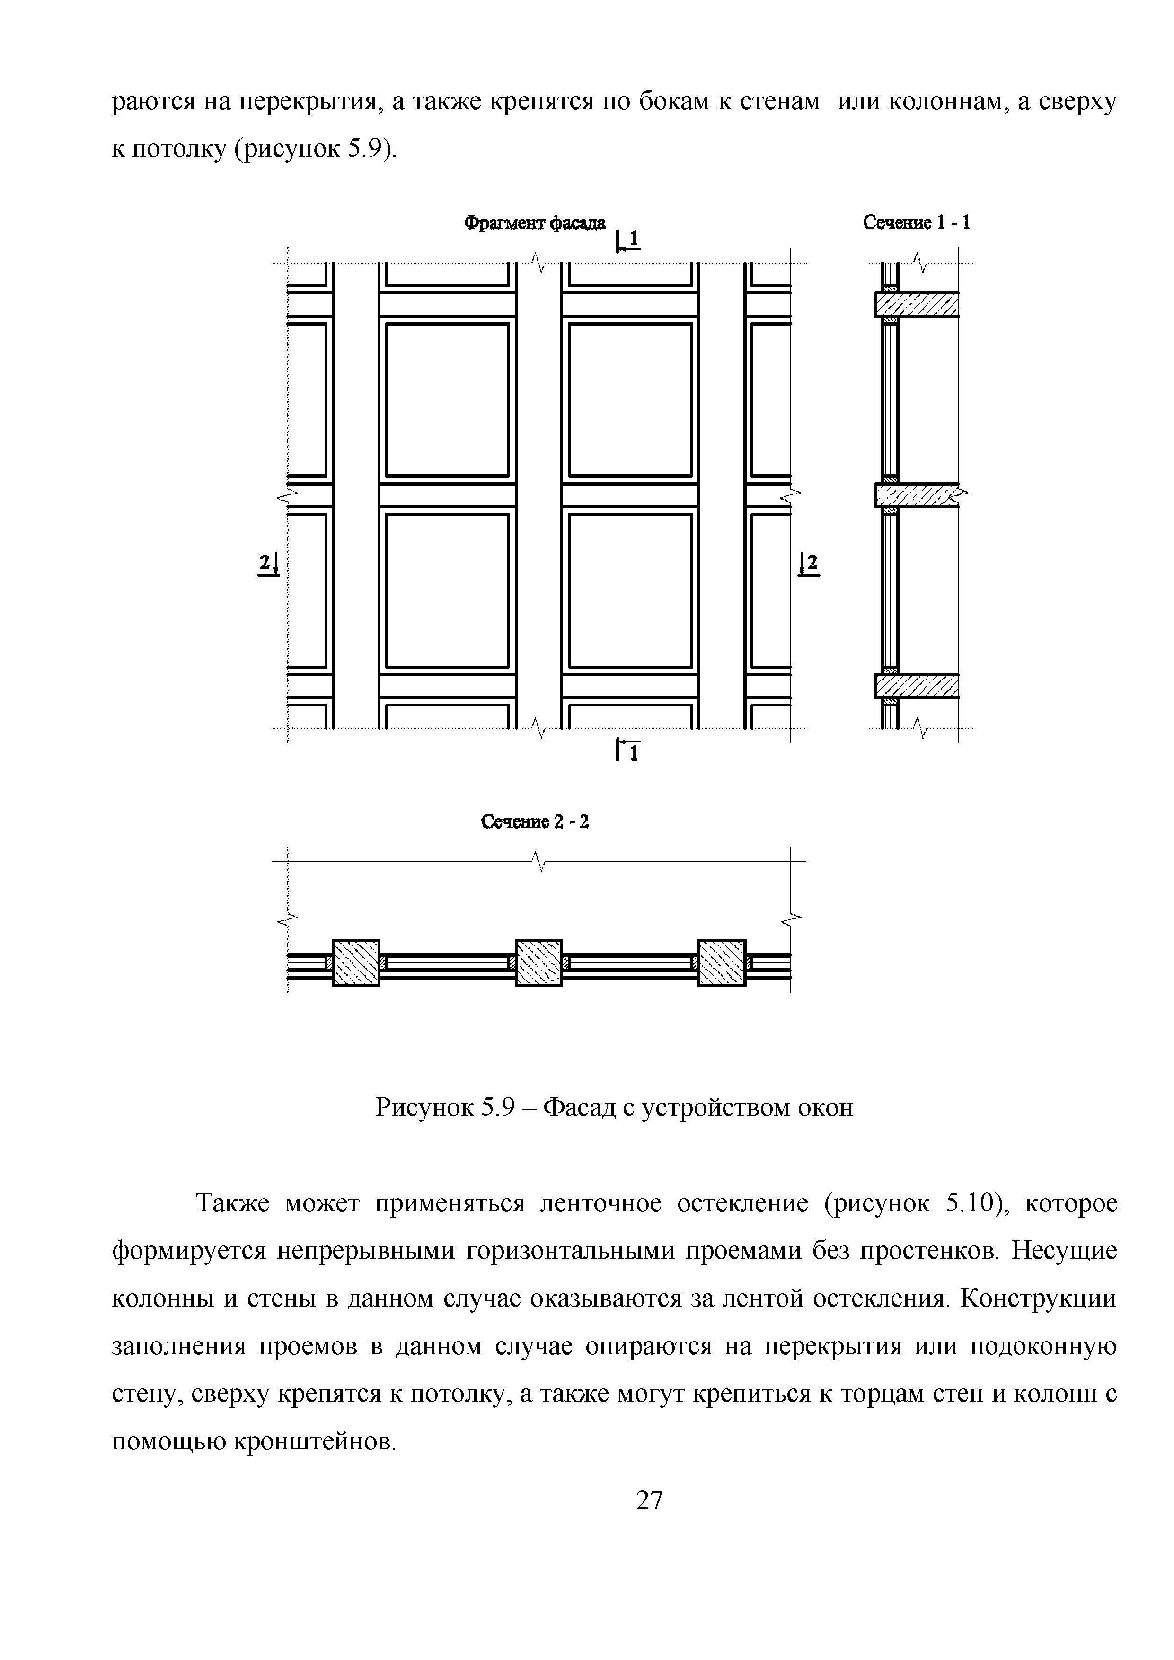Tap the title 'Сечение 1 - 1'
pos(916,223)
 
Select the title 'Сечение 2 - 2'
pos(535,821)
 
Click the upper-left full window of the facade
pos(448,400)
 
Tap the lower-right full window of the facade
pos(630,590)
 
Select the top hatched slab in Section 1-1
pos(917,304)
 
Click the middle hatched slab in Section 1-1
pos(917,495)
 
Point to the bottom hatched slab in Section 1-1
pos(917,685)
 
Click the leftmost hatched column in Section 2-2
pos(356,962)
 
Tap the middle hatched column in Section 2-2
pos(538,962)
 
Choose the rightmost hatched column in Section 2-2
pos(722,962)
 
